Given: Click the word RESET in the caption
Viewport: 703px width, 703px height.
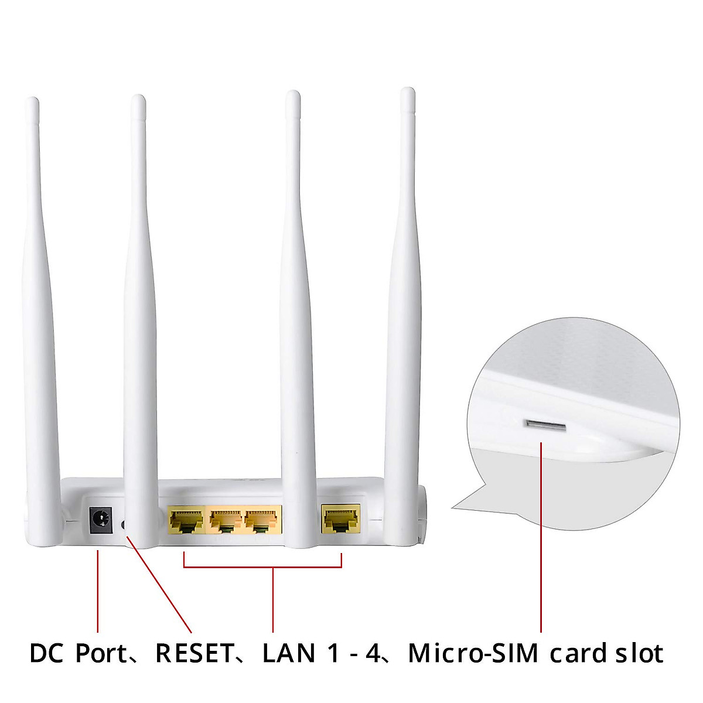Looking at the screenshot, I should (x=194, y=653).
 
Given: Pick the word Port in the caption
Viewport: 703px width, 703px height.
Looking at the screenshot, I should (x=101, y=653).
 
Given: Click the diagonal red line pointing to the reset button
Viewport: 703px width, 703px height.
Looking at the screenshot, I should (x=158, y=580).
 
